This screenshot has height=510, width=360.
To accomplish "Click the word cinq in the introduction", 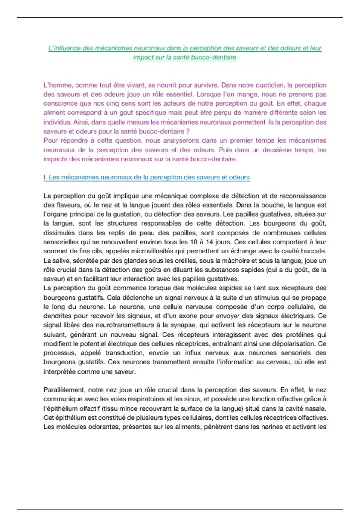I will (112, 103).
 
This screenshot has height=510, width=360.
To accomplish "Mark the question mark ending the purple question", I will (188, 131).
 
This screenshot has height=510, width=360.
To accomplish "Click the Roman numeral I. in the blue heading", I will (45, 177).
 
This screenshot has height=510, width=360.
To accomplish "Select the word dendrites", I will (57, 316).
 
